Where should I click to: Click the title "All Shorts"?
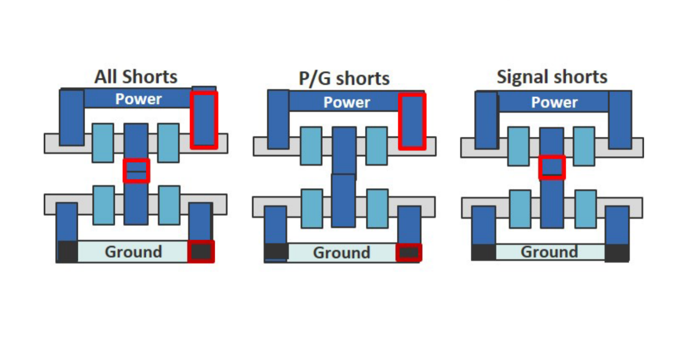[x=136, y=77]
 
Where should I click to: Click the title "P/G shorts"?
[x=344, y=78]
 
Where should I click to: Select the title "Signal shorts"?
[x=552, y=77]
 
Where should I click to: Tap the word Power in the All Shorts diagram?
[x=138, y=99]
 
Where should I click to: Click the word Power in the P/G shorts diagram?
[x=346, y=102]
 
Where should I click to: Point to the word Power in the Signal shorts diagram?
[x=554, y=102]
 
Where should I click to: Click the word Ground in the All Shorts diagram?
[x=133, y=252]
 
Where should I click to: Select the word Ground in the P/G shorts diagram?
[x=342, y=252]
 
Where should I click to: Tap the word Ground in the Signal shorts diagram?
[x=549, y=252]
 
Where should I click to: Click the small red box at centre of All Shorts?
[x=136, y=171]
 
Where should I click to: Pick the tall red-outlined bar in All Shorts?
[x=204, y=120]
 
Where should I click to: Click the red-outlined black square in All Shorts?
[x=201, y=252]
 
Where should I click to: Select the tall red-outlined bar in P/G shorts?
[x=412, y=121]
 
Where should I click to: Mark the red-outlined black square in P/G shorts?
[x=409, y=252]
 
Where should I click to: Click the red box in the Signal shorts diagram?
[x=552, y=167]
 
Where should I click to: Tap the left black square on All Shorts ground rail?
[x=67, y=252]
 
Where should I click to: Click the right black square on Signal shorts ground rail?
[x=617, y=252]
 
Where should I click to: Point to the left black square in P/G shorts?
[x=276, y=252]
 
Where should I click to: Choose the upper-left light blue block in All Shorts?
[x=103, y=143]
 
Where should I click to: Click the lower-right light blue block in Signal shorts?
[x=586, y=209]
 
